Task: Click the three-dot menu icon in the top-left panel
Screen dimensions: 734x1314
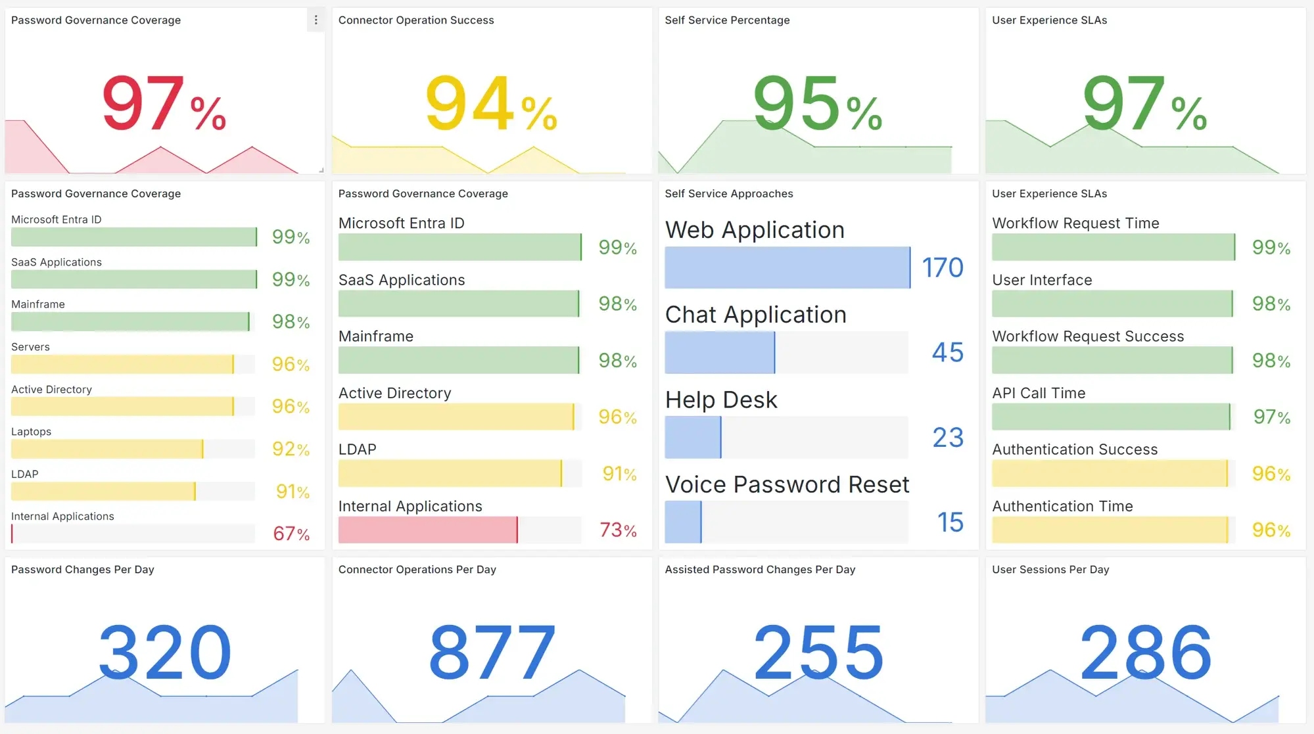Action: point(316,20)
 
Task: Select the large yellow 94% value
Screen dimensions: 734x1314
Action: point(490,104)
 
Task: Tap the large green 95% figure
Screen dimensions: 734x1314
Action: point(816,104)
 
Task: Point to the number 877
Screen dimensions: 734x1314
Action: point(492,653)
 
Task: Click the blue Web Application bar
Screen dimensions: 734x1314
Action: point(787,267)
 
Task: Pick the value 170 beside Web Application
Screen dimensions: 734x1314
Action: point(942,267)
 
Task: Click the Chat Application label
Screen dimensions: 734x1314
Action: point(755,315)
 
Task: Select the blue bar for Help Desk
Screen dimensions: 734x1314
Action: point(693,438)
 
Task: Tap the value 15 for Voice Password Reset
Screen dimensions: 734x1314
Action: point(950,522)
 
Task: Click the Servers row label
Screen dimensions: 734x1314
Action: point(30,347)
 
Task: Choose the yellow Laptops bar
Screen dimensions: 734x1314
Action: point(106,449)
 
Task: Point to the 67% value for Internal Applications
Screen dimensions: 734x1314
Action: point(291,534)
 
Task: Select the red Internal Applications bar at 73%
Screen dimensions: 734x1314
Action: point(427,530)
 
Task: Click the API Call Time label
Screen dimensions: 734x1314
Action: point(1039,393)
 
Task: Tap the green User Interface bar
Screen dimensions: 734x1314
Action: point(1112,304)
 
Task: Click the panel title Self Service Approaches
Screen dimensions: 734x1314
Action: point(728,194)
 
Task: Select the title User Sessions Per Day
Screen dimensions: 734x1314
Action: point(1050,570)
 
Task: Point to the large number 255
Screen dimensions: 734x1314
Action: point(818,653)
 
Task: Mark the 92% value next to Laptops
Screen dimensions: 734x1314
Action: point(291,449)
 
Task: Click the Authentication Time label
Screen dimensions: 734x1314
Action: point(1062,506)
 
